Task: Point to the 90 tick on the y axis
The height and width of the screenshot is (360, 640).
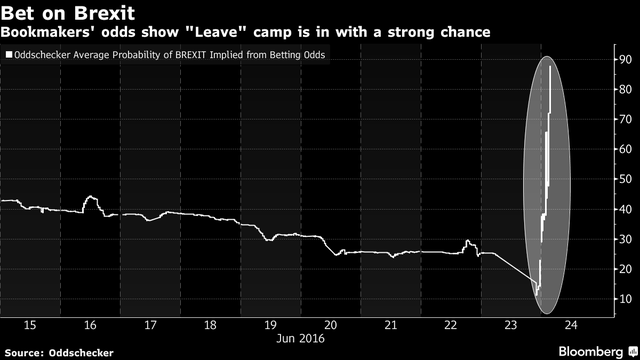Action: [623, 60]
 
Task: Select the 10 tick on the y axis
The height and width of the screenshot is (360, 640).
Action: [623, 299]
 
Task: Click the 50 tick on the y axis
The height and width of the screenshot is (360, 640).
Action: [623, 180]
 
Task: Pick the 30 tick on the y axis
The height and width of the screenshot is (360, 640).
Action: [623, 240]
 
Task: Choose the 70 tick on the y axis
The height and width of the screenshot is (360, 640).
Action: [623, 120]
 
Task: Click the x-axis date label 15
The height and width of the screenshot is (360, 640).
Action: [30, 325]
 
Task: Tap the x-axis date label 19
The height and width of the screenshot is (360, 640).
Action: [270, 325]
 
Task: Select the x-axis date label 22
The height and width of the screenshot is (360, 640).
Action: [451, 325]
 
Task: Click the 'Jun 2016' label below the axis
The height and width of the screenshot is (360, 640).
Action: [301, 339]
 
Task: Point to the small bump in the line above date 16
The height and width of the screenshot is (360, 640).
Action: [90, 199]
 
